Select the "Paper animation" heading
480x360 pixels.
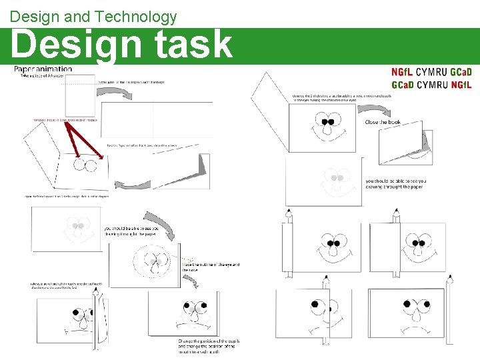tap(43, 69)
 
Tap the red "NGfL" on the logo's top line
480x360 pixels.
tap(402, 72)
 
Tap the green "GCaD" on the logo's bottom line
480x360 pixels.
tap(402, 85)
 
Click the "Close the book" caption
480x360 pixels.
tap(382, 122)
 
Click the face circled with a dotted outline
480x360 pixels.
tap(154, 262)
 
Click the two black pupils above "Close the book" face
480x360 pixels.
tap(326, 122)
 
